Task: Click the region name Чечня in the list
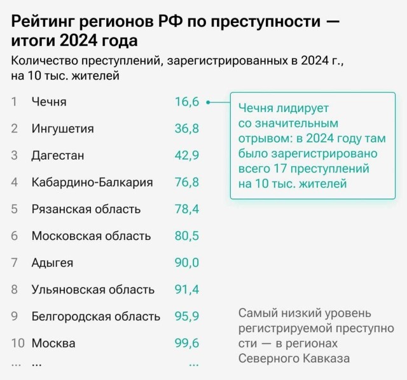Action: (49, 102)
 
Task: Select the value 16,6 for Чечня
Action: (187, 102)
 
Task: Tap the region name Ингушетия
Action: (62, 129)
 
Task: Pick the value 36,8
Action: (187, 129)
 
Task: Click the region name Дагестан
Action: (58, 155)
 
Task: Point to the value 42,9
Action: (187, 155)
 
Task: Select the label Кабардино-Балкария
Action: (92, 183)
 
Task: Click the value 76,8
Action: (187, 183)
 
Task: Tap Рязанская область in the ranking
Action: (86, 209)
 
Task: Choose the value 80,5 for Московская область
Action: (187, 236)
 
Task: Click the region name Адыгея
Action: (52, 263)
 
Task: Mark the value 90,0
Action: (187, 263)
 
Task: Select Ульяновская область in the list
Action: (93, 290)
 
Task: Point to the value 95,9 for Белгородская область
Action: (187, 316)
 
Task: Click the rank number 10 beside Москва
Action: (17, 343)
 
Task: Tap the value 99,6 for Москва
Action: (187, 343)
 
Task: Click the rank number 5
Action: (15, 209)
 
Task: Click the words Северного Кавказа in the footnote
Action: (294, 358)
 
